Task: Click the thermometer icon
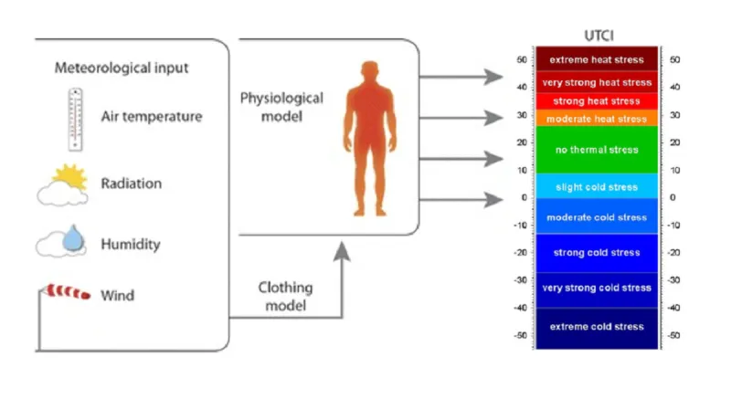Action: coord(75,119)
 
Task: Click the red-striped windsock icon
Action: coord(68,291)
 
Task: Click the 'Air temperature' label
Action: coord(152,117)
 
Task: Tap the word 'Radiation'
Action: coord(132,184)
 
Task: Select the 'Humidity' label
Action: coord(131,245)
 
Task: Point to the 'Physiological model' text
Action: coord(281,107)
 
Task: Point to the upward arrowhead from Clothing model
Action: coord(342,250)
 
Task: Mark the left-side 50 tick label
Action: coord(522,59)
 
